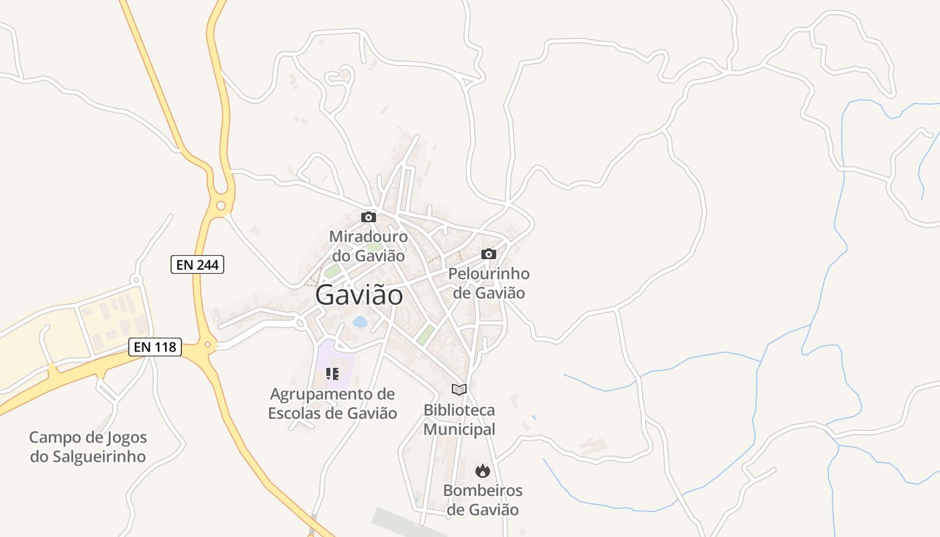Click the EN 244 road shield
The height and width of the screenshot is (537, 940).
pyautogui.click(x=197, y=265)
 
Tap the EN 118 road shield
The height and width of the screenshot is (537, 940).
pyautogui.click(x=155, y=347)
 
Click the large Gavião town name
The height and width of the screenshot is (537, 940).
pyautogui.click(x=359, y=295)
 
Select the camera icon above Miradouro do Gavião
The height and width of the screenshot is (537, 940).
pyautogui.click(x=368, y=217)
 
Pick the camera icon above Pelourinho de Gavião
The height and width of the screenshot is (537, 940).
pyautogui.click(x=489, y=254)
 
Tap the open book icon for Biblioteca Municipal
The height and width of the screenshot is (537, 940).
pyautogui.click(x=459, y=389)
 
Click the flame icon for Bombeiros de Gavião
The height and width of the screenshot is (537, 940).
pyautogui.click(x=483, y=471)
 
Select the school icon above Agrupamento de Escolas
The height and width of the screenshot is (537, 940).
pyautogui.click(x=332, y=373)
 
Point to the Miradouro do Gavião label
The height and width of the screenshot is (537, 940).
pyautogui.click(x=368, y=246)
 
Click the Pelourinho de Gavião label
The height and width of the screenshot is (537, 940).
pyautogui.click(x=489, y=283)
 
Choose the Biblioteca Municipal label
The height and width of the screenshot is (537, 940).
pyautogui.click(x=459, y=420)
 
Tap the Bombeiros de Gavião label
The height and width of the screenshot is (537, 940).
pyautogui.click(x=483, y=500)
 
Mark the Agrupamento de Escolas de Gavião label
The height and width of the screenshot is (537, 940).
pyautogui.click(x=332, y=403)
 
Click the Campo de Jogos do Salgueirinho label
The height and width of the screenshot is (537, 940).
pyautogui.click(x=88, y=447)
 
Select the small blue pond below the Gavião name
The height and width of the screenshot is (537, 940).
pyautogui.click(x=360, y=322)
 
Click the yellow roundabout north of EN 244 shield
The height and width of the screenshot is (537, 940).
pyautogui.click(x=220, y=205)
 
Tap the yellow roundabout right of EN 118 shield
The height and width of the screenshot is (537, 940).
pyautogui.click(x=208, y=346)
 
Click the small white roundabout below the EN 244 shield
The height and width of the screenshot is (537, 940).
pyautogui.click(x=136, y=279)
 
